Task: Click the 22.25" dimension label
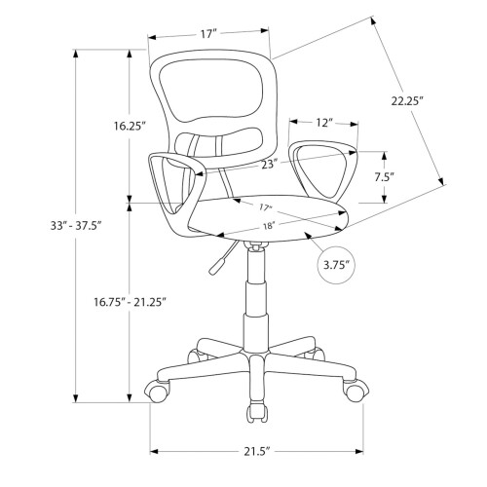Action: [407, 101]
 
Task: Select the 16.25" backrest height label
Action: [129, 126]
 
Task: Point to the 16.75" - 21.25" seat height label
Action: [131, 302]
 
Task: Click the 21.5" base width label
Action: [257, 452]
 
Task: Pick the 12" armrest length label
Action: [324, 123]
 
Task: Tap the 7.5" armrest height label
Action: [385, 177]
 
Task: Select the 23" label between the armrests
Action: [270, 165]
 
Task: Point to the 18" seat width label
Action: [269, 226]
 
